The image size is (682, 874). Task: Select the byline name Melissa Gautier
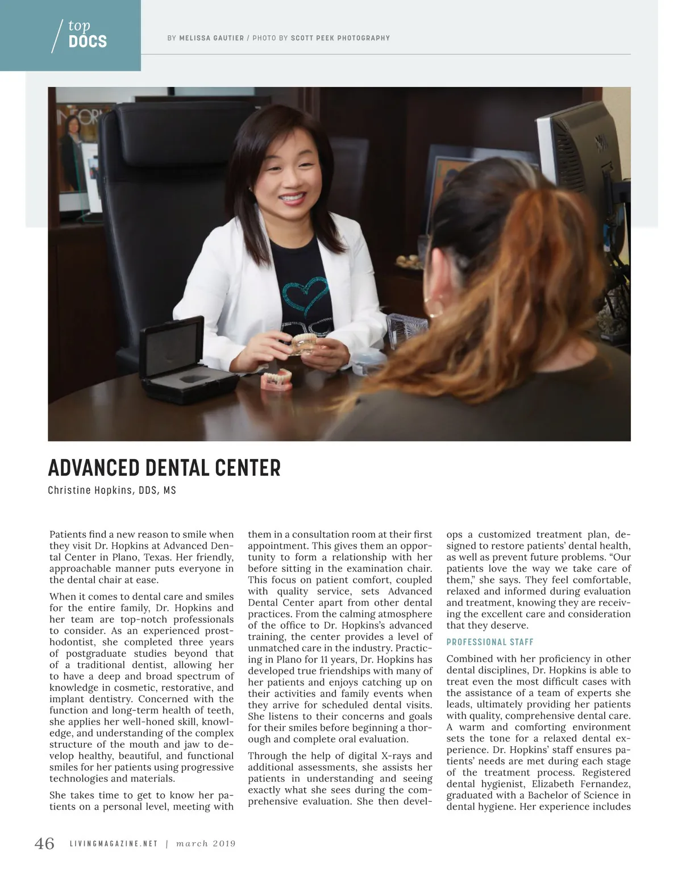pyautogui.click(x=211, y=38)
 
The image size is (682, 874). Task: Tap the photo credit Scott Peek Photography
pyautogui.click(x=340, y=38)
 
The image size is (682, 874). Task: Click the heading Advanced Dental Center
pyautogui.click(x=164, y=468)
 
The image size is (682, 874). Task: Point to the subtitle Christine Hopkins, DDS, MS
pyautogui.click(x=112, y=490)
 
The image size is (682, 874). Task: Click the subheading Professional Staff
pyautogui.click(x=490, y=642)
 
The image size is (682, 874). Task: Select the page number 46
pyautogui.click(x=45, y=843)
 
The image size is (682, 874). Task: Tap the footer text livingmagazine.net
pyautogui.click(x=114, y=844)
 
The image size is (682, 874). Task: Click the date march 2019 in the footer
pyautogui.click(x=206, y=844)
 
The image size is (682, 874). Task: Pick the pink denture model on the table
pyautogui.click(x=277, y=379)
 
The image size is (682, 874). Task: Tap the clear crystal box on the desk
pyautogui.click(x=406, y=330)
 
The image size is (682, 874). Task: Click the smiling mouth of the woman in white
pyautogui.click(x=292, y=199)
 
